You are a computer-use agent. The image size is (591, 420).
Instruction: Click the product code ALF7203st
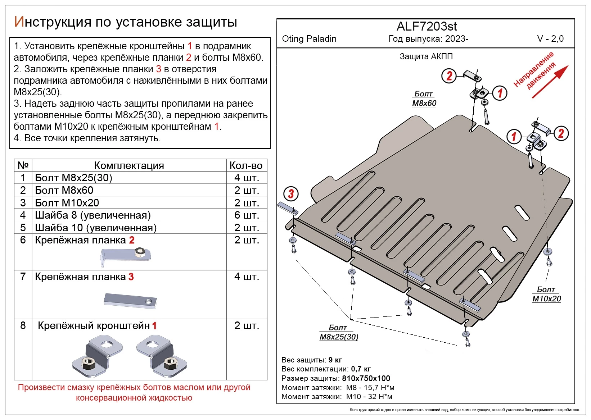tap(427, 26)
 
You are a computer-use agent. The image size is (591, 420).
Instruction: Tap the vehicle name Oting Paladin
tap(309, 39)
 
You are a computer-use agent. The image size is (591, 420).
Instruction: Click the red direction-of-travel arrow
tap(550, 82)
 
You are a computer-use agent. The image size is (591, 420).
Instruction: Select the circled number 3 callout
tap(291, 194)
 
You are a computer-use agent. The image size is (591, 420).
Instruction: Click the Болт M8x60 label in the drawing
tap(424, 98)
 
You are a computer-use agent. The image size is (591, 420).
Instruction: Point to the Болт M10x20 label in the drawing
tap(546, 294)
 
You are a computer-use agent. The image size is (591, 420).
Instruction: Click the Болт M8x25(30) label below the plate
tap(339, 332)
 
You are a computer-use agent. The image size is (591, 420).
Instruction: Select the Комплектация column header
tap(129, 165)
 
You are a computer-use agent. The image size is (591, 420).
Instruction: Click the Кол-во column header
tap(246, 165)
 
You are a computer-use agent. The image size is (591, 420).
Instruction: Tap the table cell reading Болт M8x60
tap(64, 190)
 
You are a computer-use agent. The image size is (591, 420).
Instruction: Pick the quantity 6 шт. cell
tap(247, 215)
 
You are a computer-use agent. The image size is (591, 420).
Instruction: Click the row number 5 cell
tap(23, 228)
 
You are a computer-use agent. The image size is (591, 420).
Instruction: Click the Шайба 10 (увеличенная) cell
tap(96, 228)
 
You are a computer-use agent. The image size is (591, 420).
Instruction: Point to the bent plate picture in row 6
tap(125, 255)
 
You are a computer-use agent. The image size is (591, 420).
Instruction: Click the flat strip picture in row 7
tap(130, 301)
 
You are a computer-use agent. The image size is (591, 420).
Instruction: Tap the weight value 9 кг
tap(335, 360)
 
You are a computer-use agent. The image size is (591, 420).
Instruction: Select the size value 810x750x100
tap(366, 378)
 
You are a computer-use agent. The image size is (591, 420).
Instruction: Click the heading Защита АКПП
tap(426, 56)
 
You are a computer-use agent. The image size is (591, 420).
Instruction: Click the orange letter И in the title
tap(19, 22)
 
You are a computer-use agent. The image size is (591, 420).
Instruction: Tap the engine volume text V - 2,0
tap(550, 39)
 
